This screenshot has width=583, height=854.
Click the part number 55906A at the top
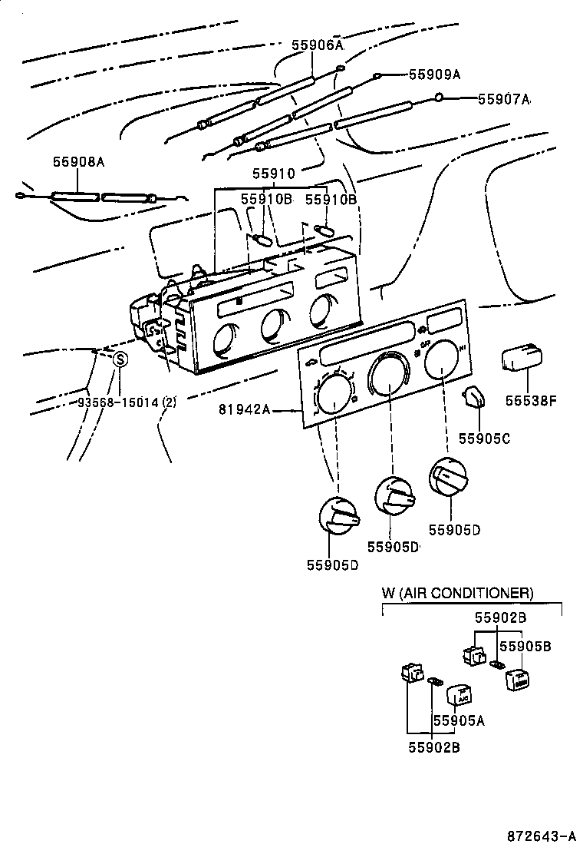(x=317, y=45)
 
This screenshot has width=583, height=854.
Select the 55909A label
(x=434, y=74)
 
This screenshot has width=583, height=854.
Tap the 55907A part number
(x=503, y=99)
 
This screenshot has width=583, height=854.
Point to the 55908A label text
(x=78, y=162)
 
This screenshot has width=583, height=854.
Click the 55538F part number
(x=529, y=400)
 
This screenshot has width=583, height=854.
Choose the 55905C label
(x=484, y=439)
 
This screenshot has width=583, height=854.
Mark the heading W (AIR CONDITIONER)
(x=457, y=593)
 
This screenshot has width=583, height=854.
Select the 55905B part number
(x=525, y=647)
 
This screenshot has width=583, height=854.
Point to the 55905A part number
(x=459, y=720)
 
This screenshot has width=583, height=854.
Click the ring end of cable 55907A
(x=438, y=98)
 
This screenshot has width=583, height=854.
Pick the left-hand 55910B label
(x=266, y=199)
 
